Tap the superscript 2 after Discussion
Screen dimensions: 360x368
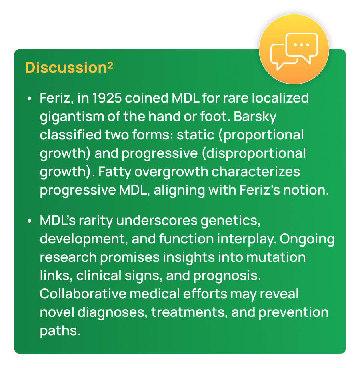tap(110, 65)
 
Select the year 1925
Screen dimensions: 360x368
tap(107, 98)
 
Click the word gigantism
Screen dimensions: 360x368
tap(72, 117)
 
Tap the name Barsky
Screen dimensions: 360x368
tap(255, 117)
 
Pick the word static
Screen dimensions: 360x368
tap(196, 135)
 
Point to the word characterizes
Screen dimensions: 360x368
tap(256, 171)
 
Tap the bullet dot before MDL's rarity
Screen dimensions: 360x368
tap(29, 221)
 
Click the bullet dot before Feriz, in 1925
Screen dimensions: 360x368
tap(29, 98)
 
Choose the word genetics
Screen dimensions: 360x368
tap(230, 221)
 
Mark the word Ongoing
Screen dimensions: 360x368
tap(307, 239)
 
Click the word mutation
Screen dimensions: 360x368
tap(276, 257)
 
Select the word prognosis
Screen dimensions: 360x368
tap(227, 276)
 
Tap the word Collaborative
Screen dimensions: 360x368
tap(83, 294)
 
